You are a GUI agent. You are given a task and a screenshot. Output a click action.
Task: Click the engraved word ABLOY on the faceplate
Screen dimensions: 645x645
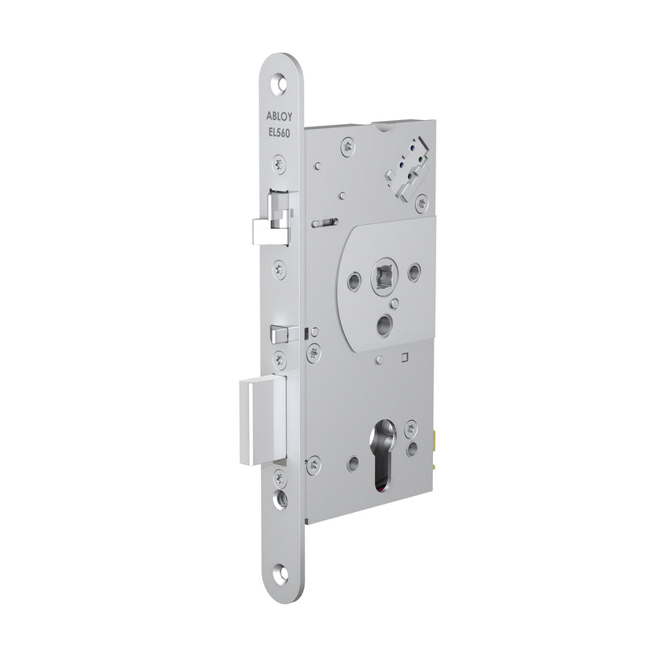(x=282, y=116)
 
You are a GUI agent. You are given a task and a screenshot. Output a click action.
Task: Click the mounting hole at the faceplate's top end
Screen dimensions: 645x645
(x=281, y=82)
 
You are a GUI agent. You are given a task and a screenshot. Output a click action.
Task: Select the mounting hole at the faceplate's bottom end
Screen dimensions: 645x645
(x=281, y=573)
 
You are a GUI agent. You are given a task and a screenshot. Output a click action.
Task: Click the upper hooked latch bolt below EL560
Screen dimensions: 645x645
(x=273, y=230)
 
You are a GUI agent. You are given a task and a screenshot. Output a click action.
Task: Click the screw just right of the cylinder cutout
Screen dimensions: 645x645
(x=412, y=426)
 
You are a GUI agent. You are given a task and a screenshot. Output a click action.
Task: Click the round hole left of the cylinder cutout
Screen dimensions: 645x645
(x=353, y=463)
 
